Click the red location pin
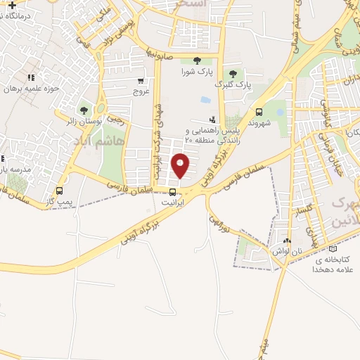[x=181, y=165]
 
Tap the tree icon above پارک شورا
[x=195, y=60]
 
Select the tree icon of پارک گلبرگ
[x=233, y=74]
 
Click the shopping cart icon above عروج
[x=141, y=81]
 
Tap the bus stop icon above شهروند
[x=259, y=111]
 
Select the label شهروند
[x=259, y=122]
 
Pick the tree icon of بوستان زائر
[x=84, y=110]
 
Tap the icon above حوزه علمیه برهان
[x=30, y=77]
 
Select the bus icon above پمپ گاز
[x=59, y=191]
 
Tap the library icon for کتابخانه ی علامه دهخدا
[x=333, y=248]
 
